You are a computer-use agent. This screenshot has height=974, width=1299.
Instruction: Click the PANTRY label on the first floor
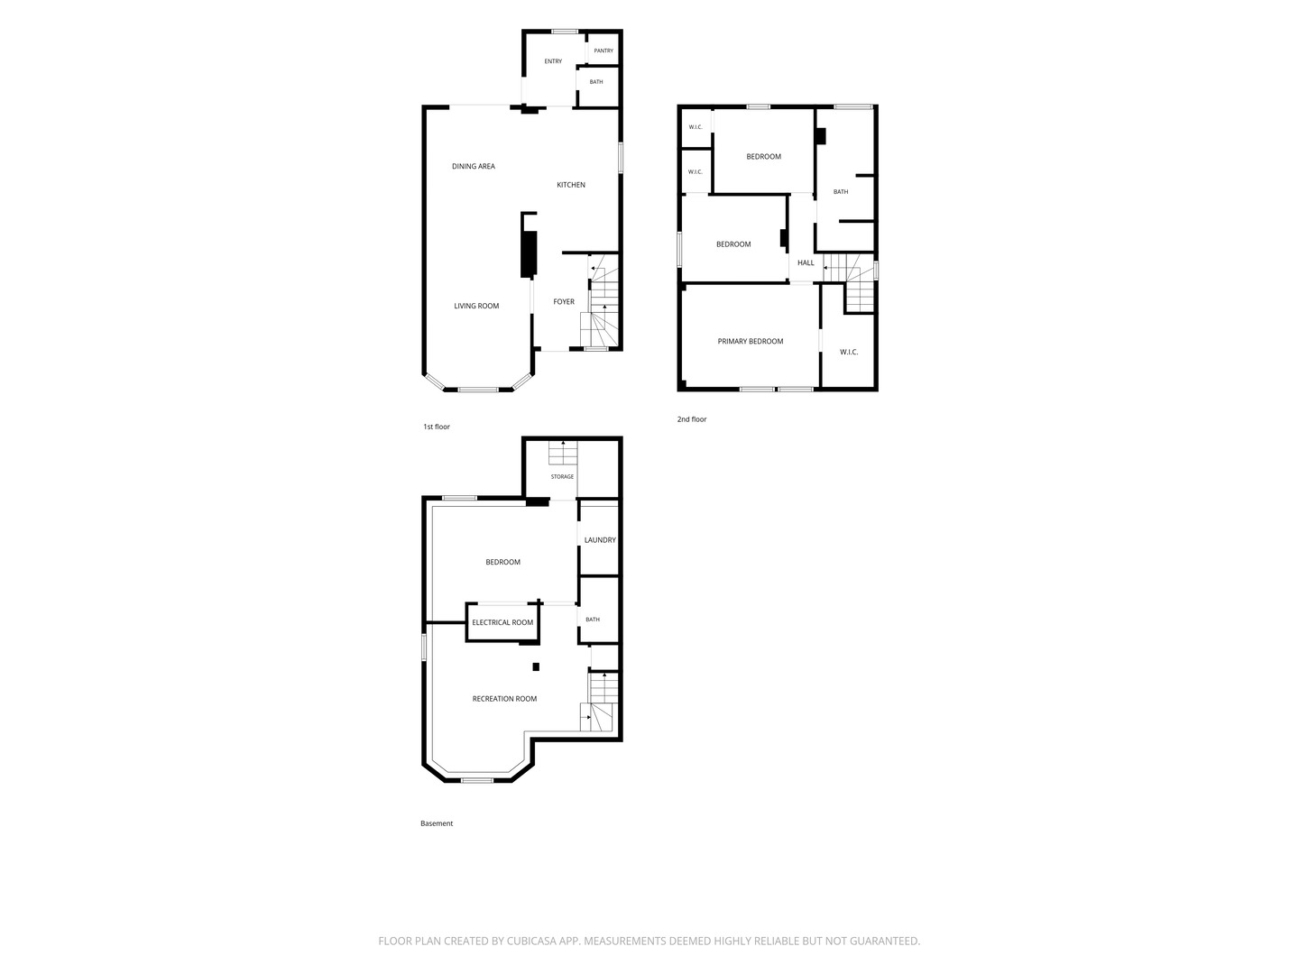point(603,51)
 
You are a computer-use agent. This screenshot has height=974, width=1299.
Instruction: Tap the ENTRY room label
point(553,61)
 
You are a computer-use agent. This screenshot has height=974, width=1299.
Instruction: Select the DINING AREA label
point(473,166)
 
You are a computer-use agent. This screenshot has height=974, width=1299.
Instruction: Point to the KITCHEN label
point(570,185)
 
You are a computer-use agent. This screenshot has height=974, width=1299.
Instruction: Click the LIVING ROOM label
point(475,306)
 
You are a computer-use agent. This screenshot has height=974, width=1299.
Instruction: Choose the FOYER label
point(564,301)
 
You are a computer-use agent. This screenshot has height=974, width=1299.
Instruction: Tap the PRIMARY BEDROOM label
point(750,341)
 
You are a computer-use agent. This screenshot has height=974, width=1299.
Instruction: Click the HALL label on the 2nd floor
point(805,262)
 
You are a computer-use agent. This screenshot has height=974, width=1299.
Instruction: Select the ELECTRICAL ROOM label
point(502,622)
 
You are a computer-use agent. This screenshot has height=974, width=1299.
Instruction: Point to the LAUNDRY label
point(600,540)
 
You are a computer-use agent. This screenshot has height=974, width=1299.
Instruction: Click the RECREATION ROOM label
point(504,698)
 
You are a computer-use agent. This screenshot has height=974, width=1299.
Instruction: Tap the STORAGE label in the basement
point(562,477)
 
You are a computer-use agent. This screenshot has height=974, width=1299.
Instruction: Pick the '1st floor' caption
point(436,427)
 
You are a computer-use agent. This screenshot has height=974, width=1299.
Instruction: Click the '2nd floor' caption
point(691,419)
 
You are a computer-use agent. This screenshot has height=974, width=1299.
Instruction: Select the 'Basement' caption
point(436,823)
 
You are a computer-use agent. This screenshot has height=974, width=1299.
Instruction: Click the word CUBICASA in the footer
point(531,941)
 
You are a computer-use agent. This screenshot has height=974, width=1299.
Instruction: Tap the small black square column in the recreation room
point(536,667)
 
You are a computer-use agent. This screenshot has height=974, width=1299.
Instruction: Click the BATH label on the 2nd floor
point(841,191)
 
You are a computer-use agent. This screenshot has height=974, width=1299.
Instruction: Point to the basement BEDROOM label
point(502,562)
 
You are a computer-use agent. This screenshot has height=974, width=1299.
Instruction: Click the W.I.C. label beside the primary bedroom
point(849,352)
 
